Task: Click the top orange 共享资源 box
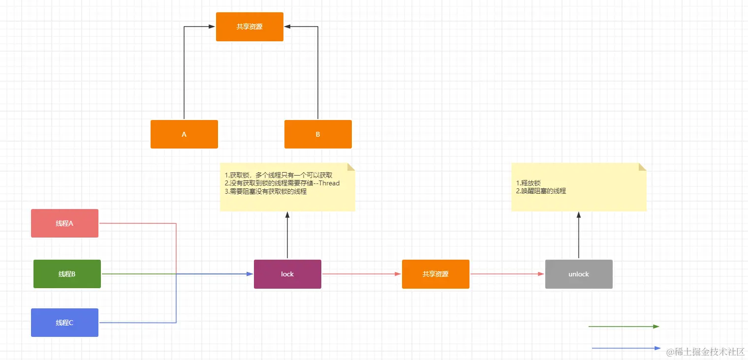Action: [x=249, y=27]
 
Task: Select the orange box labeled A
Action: [x=184, y=134]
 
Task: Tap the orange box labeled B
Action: [x=318, y=134]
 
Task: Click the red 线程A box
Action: [x=64, y=223]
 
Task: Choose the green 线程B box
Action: [x=67, y=274]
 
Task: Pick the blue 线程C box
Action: [x=64, y=323]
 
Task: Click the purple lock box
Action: [x=287, y=274]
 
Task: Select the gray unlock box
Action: [x=579, y=274]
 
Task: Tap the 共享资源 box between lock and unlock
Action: [x=436, y=274]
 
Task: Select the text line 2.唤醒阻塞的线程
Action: [x=541, y=191]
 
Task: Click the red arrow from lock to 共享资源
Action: [x=362, y=274]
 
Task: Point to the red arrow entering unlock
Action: [x=507, y=274]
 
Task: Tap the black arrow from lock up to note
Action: [x=287, y=236]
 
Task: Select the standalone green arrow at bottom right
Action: [x=623, y=326]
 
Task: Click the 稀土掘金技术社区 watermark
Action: [x=705, y=352]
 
